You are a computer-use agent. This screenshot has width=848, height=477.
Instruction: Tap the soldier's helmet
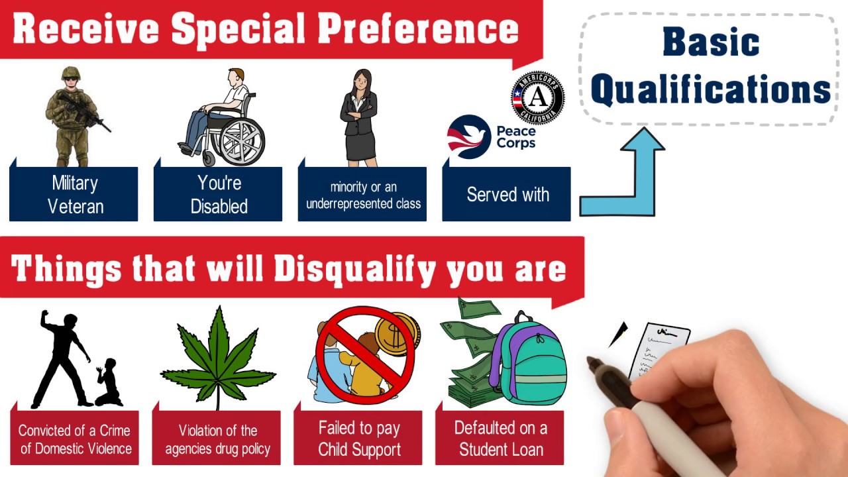click(71, 73)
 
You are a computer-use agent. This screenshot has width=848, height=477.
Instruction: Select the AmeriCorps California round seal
click(537, 97)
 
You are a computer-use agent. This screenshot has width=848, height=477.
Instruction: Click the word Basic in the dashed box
click(711, 42)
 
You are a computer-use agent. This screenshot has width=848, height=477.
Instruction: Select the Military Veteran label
click(74, 194)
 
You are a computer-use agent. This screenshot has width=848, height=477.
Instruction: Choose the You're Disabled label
click(218, 194)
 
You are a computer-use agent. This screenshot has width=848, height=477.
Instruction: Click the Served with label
click(507, 194)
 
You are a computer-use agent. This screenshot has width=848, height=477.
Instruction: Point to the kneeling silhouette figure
click(108, 382)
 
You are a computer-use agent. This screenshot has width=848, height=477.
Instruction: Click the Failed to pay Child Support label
click(358, 438)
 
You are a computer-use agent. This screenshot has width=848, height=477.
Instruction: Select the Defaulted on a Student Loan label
click(500, 438)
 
